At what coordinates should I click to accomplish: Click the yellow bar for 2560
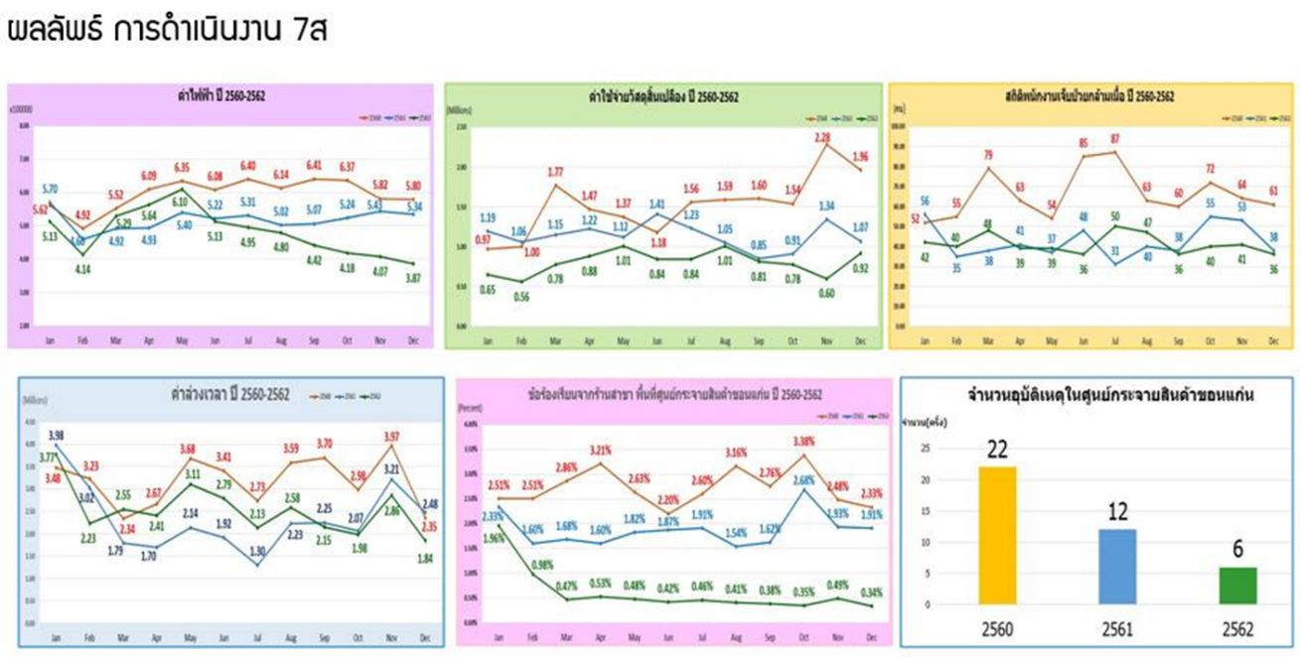click(x=997, y=535)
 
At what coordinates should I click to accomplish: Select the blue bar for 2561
click(x=1116, y=566)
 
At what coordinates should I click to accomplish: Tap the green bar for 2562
click(x=1235, y=586)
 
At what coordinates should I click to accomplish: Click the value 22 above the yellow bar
click(x=997, y=449)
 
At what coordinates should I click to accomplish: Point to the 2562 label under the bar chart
click(x=1235, y=628)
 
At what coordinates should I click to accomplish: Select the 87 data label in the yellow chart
click(x=1115, y=139)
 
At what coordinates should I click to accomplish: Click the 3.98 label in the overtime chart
click(x=56, y=436)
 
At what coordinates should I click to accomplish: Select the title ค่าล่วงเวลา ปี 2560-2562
click(x=230, y=395)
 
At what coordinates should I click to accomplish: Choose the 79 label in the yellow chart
click(x=989, y=155)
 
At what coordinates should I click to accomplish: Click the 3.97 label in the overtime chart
click(x=390, y=437)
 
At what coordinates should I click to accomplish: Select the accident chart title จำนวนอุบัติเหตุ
click(x=1095, y=394)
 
